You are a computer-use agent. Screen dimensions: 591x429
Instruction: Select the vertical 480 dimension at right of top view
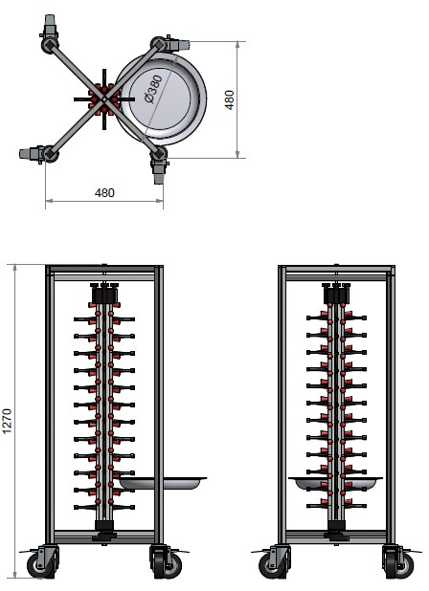(230, 98)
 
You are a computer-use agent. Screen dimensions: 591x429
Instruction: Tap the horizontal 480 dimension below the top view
(104, 192)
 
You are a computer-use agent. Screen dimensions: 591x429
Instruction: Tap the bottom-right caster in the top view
(158, 168)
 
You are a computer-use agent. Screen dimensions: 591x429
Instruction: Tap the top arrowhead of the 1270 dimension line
(15, 270)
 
